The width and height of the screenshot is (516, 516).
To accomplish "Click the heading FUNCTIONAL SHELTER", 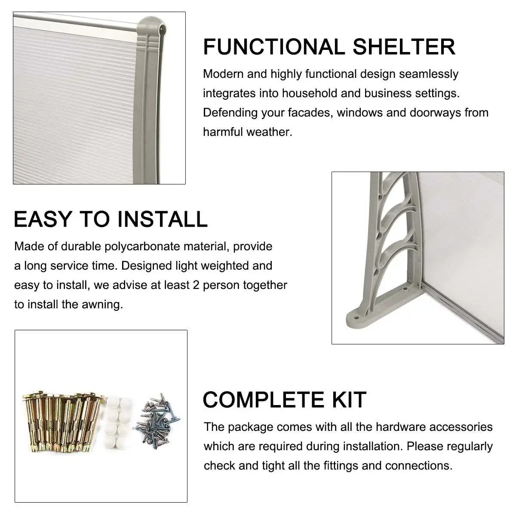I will pyautogui.click(x=329, y=47).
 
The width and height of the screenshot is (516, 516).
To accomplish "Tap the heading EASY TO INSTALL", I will pyautogui.click(x=111, y=219).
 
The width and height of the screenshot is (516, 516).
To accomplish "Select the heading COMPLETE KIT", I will pyautogui.click(x=284, y=399).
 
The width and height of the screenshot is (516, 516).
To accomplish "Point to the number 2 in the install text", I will pyautogui.click(x=196, y=285).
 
